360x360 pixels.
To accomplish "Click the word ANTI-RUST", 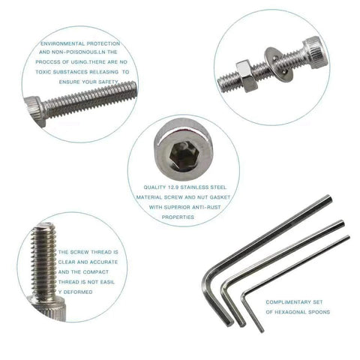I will (198, 207).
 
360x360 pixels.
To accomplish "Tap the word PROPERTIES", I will (178, 217).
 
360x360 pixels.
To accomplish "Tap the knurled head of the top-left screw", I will (34, 113).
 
